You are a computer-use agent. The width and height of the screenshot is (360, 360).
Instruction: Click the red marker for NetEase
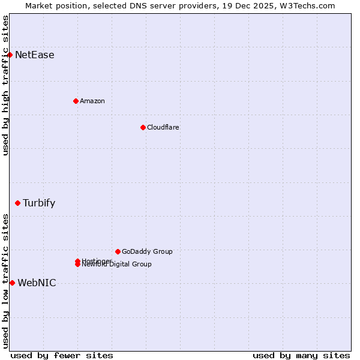pos(10,55)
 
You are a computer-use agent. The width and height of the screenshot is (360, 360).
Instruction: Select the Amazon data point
pos(76,101)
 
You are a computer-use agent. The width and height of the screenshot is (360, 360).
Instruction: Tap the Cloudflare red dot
pos(143,127)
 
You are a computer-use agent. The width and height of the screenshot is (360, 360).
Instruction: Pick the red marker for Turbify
pos(17,203)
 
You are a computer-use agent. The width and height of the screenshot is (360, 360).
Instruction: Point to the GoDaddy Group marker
pos(118,251)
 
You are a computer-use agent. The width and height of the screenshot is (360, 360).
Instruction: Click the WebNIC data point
pos(12,283)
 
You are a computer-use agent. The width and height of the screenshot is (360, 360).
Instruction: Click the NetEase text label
pos(35,55)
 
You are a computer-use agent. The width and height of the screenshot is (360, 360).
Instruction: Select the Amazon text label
pos(92,101)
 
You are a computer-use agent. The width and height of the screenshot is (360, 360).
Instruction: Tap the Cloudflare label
pos(163,128)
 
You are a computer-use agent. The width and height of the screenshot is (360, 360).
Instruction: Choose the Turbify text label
pos(39,203)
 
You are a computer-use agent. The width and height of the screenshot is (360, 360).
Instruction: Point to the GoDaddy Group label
pos(147,252)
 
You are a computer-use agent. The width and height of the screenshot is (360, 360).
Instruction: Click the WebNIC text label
pos(37,283)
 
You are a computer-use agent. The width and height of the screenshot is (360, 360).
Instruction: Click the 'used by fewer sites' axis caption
pos(62,355)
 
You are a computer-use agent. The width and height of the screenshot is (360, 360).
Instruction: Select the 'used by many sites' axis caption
pos(301,355)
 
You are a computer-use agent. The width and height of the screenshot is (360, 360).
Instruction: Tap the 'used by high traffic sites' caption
pos(6,85)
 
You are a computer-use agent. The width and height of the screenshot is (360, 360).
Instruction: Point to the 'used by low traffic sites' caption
pos(6,281)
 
